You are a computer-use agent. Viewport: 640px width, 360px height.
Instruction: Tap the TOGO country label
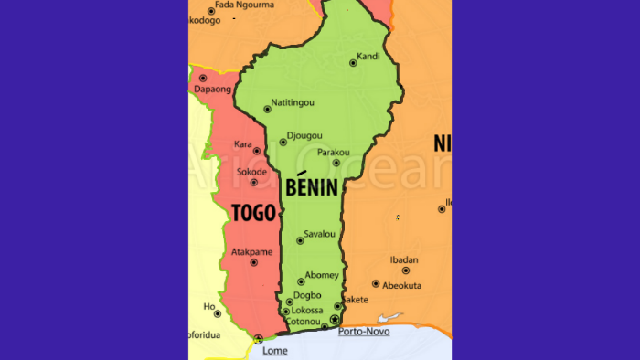click(253, 213)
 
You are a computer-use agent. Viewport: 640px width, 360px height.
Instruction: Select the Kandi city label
click(368, 56)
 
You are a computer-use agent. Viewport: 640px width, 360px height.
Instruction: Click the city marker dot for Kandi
click(353, 63)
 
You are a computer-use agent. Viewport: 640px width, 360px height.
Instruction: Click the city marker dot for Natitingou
click(267, 109)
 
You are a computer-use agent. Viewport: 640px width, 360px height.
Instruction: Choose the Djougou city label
click(304, 135)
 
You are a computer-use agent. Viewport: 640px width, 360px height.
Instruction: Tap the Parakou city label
click(334, 152)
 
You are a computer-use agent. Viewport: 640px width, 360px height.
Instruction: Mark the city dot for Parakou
click(336, 163)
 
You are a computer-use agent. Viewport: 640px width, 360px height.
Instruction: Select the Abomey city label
click(322, 275)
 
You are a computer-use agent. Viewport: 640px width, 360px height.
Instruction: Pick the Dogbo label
click(307, 295)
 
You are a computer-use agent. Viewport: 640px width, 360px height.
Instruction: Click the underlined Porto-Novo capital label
click(364, 331)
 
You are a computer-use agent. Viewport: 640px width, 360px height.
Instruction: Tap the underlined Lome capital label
click(274, 350)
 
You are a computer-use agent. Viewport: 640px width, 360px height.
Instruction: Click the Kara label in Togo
click(243, 144)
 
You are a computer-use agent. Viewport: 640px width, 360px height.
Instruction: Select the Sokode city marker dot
click(254, 182)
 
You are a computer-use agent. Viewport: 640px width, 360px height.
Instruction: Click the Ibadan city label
click(404, 259)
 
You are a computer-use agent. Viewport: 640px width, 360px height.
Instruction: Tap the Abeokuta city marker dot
click(376, 284)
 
